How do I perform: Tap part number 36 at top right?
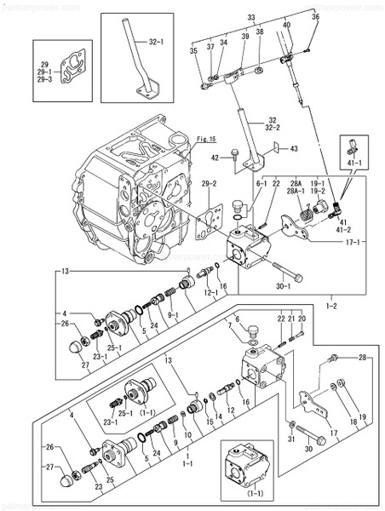click(x=315, y=17)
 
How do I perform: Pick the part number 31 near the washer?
click(x=292, y=439)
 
